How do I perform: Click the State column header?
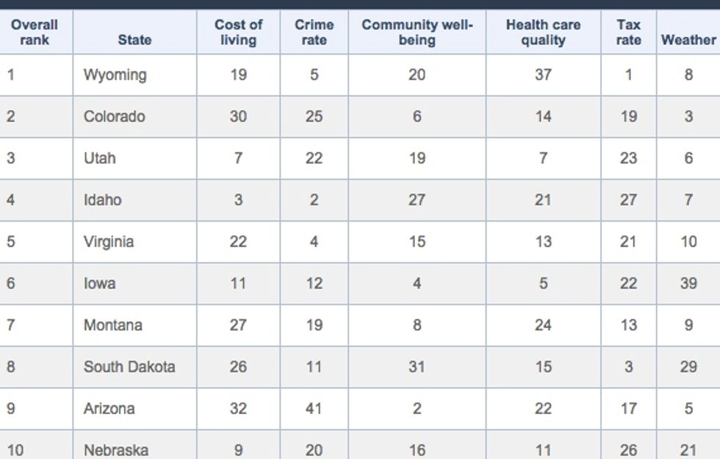pyautogui.click(x=134, y=40)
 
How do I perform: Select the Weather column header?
pyautogui.click(x=688, y=40)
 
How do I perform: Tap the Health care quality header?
pyautogui.click(x=543, y=32)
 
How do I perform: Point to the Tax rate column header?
pyautogui.click(x=629, y=32)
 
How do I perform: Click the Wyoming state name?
pyautogui.click(x=115, y=75)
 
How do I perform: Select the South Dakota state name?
pyautogui.click(x=129, y=367)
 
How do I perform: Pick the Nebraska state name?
pyautogui.click(x=116, y=449)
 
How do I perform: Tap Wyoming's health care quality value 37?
pyautogui.click(x=543, y=74)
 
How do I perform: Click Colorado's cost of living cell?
pyautogui.click(x=238, y=116)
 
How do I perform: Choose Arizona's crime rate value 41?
pyautogui.click(x=314, y=408)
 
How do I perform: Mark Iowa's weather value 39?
pyautogui.click(x=688, y=283)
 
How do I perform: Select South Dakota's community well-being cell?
pyautogui.click(x=417, y=367)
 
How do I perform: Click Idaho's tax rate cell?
pyautogui.click(x=629, y=200)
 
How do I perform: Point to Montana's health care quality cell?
pyautogui.click(x=543, y=325)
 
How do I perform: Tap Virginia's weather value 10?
pyautogui.click(x=688, y=241)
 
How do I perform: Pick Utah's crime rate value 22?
pyautogui.click(x=314, y=158)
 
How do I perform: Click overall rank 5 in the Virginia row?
pyautogui.click(x=10, y=241)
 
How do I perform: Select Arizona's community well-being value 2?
pyautogui.click(x=417, y=408)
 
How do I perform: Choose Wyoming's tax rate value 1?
pyautogui.click(x=629, y=74)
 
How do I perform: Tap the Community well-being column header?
pyautogui.click(x=417, y=32)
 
